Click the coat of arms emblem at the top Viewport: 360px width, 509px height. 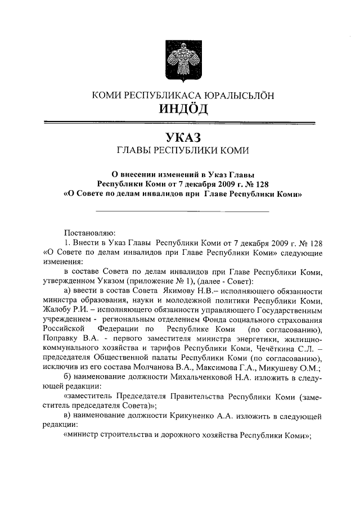179,60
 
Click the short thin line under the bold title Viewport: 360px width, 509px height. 182,211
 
